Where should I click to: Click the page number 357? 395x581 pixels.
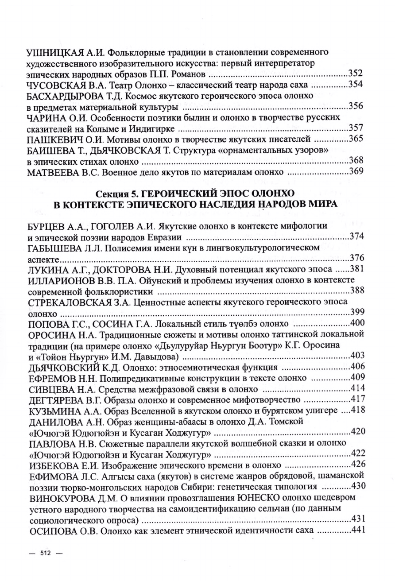(x=356, y=128)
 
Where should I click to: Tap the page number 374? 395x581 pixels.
(x=356, y=236)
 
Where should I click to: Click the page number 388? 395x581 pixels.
(x=356, y=290)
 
